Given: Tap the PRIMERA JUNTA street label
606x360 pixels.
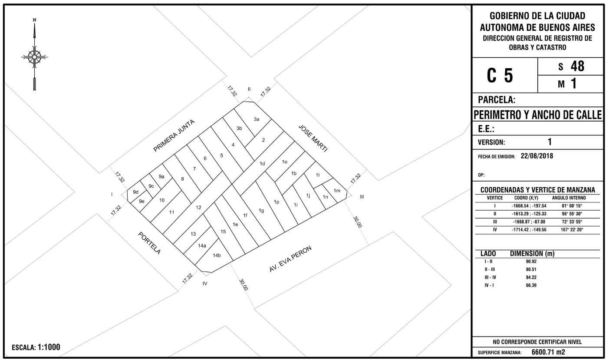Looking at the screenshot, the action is click(174, 135).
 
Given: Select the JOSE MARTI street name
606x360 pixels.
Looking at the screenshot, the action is click(313, 139).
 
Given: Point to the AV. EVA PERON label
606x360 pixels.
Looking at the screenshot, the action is click(290, 259).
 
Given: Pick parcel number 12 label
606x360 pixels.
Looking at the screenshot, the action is click(198, 208).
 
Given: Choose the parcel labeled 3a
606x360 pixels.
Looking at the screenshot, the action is click(257, 119).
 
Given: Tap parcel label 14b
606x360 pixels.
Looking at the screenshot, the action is click(217, 255).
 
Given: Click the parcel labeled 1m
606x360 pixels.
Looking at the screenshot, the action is click(337, 191).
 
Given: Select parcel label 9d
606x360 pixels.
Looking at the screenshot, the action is click(135, 192).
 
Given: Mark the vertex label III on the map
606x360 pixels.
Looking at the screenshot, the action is click(362, 197).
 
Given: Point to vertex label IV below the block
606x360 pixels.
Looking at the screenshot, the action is click(205, 284).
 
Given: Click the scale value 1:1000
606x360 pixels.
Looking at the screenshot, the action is click(49, 347).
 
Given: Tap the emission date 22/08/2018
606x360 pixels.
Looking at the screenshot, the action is click(537, 156).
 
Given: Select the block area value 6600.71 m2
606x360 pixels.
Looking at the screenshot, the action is click(548, 352).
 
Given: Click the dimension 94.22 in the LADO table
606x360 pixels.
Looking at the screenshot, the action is click(531, 277).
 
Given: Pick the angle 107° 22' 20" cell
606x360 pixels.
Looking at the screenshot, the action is click(572, 230).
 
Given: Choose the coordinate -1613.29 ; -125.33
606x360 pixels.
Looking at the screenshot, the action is click(529, 214).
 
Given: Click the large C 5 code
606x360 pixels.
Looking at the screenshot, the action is click(500, 76).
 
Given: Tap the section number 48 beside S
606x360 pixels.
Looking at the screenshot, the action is click(577, 66).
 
